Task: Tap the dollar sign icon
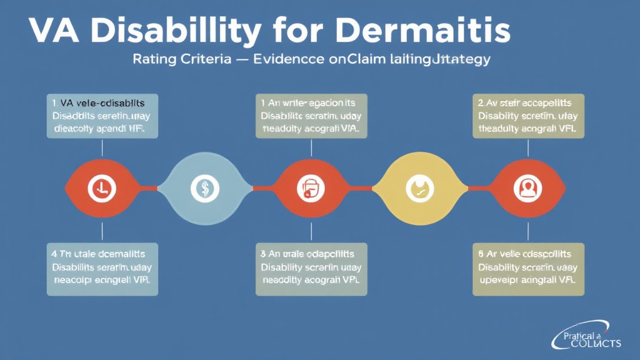pyautogui.click(x=205, y=186)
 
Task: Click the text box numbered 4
pyautogui.click(x=102, y=269)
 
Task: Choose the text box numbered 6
pyautogui.click(x=528, y=269)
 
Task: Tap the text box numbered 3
pyautogui.click(x=311, y=269)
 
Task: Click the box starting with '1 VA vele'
pyautogui.click(x=102, y=116)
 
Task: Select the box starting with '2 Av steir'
pyautogui.click(x=529, y=116)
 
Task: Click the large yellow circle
pyautogui.click(x=416, y=186)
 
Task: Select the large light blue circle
pyautogui.click(x=205, y=186)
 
